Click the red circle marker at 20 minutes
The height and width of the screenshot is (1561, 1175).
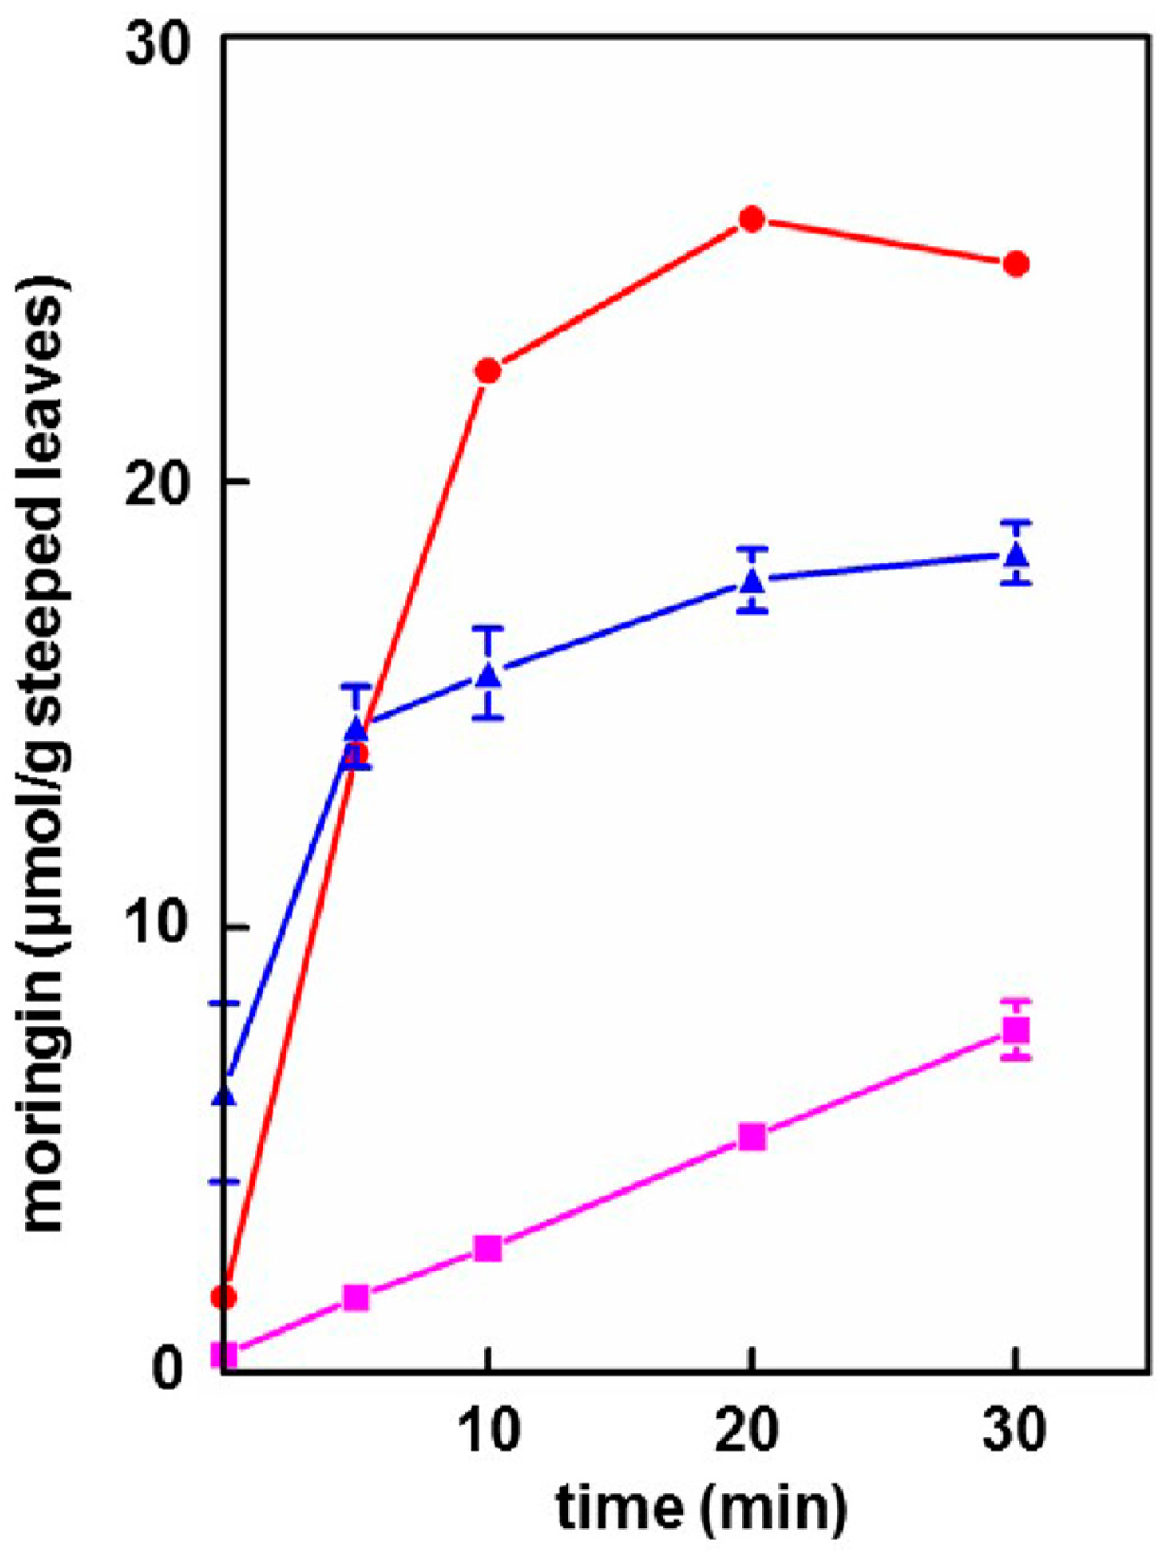(752, 219)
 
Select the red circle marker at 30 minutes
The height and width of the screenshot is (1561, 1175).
(1016, 264)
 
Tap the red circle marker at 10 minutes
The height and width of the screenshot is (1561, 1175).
(488, 370)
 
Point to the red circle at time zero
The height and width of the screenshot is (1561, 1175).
(225, 1297)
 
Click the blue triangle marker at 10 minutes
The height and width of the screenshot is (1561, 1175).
(488, 676)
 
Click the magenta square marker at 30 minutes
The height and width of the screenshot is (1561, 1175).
(1017, 1030)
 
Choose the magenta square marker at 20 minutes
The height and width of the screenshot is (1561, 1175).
(752, 1137)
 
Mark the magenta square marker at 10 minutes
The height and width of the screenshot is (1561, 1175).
(488, 1249)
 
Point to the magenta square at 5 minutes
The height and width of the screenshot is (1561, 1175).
(356, 1297)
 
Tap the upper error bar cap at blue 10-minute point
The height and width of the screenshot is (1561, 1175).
(488, 628)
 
